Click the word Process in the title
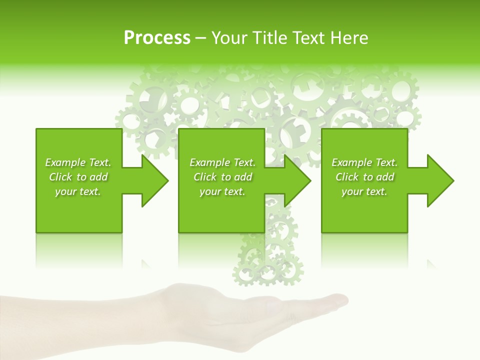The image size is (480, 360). point(157,38)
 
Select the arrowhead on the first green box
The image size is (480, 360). point(152,180)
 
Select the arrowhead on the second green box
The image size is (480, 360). point(295,180)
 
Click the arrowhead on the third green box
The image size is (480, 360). point(438,180)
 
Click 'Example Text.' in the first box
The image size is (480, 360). point(78,162)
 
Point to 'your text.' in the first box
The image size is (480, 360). point(78,191)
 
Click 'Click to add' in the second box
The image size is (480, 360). point(222,177)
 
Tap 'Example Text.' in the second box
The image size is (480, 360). point(222,162)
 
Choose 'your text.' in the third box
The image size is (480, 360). point(364,191)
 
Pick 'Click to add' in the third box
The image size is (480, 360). point(364,177)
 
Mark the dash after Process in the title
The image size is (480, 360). point(201,38)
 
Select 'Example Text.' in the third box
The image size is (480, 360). point(364,162)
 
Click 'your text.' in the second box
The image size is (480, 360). point(222,191)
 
